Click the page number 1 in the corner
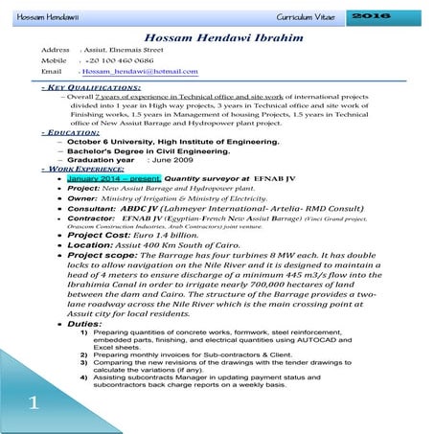[x=32, y=400]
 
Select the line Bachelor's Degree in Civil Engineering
[x=158, y=150]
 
